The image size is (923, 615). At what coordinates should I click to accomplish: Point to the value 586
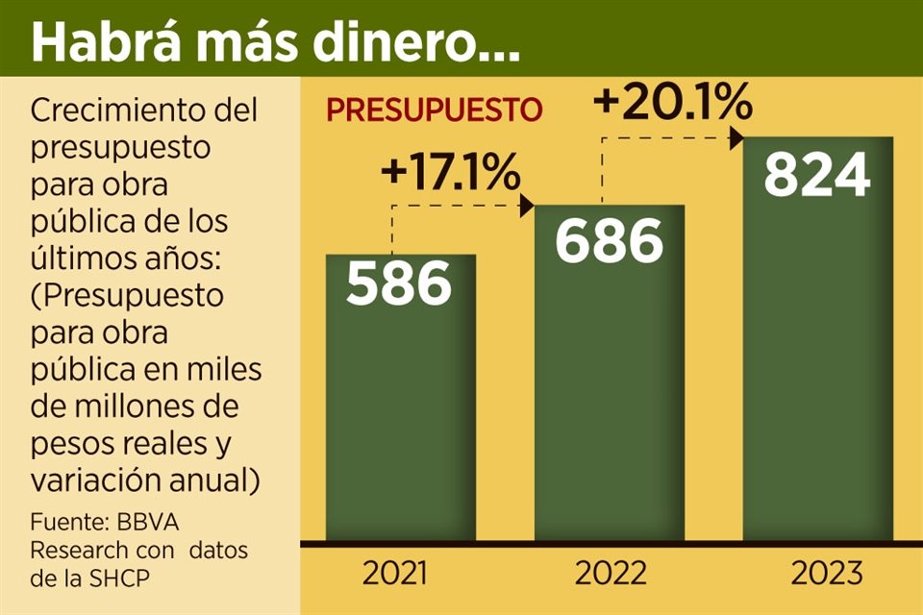click(x=399, y=283)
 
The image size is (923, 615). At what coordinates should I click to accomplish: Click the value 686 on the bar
click(x=610, y=241)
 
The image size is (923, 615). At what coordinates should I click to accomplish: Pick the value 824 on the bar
click(x=818, y=175)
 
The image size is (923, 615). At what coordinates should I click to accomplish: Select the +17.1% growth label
click(x=451, y=173)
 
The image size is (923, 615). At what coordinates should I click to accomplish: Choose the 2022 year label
click(x=611, y=574)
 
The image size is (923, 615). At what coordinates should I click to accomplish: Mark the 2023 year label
click(x=827, y=574)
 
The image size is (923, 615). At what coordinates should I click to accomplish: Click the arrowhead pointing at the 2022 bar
click(x=527, y=205)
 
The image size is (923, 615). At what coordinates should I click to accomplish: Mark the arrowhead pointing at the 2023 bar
click(x=737, y=138)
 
